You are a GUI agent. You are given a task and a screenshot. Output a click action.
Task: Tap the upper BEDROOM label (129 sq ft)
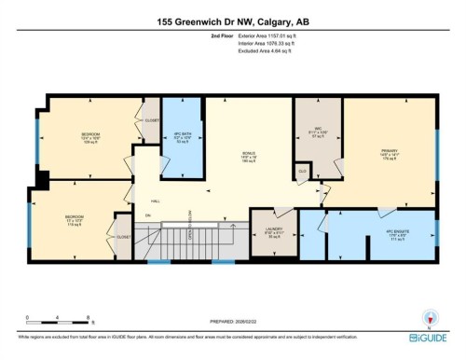coord(89,138)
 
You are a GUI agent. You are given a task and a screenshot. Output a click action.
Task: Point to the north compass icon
coord(430,315)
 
